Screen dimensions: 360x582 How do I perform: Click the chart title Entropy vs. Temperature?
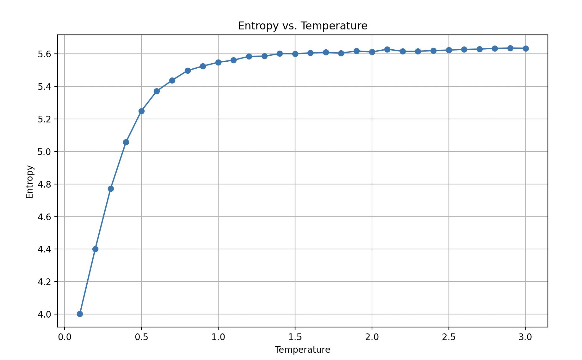pos(302,26)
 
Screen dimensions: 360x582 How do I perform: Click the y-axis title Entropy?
pos(30,182)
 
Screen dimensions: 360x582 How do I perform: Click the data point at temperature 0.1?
pos(80,314)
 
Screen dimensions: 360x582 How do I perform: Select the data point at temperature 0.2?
pos(95,249)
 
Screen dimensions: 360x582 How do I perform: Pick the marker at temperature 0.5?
pos(141,111)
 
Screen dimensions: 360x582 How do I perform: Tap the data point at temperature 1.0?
pos(218,62)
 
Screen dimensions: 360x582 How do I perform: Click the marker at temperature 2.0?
pos(372,52)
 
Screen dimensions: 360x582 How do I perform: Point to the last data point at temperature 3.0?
pos(526,48)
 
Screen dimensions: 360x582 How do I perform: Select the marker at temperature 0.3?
pos(111,189)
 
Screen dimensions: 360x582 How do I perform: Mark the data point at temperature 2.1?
pos(387,49)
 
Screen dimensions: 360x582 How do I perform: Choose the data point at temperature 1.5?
pos(295,54)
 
